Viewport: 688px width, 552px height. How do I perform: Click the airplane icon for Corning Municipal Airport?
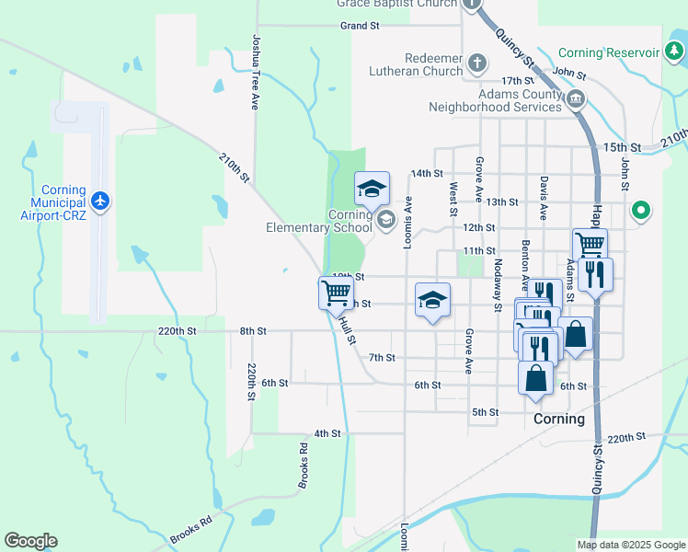point(100,201)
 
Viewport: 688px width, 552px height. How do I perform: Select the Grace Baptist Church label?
point(396,4)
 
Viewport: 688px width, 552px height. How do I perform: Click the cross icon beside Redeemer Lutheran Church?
point(476,63)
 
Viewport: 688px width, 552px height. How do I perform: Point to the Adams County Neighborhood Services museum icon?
point(576,98)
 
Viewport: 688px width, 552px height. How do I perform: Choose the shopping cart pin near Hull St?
point(336,293)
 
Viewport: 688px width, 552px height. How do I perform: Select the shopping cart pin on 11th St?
point(590,245)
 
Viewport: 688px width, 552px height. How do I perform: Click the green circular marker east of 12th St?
point(642,212)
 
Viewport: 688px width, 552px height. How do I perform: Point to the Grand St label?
point(360,26)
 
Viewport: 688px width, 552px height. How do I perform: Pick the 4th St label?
point(327,432)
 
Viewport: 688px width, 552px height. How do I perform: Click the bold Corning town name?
point(558,419)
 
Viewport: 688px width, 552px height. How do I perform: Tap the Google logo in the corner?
point(30,541)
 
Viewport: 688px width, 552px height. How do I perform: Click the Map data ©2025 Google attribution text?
point(630,545)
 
